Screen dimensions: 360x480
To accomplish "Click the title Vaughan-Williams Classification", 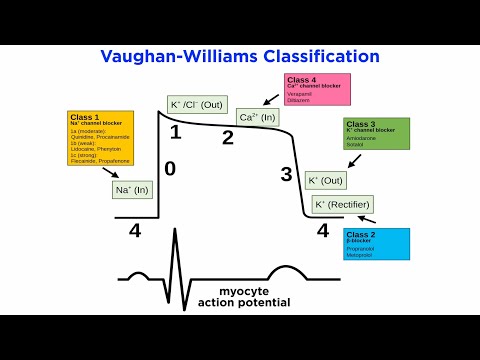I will pyautogui.click(x=240, y=56).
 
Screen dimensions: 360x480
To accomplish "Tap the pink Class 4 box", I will pyautogui.click(x=319, y=90).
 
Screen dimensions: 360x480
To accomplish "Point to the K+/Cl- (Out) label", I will pyautogui.click(x=197, y=104).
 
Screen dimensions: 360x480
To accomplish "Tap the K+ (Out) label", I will pyautogui.click(x=326, y=180).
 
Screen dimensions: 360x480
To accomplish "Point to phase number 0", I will pyautogui.click(x=169, y=168).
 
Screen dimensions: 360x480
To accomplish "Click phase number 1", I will pyautogui.click(x=175, y=131).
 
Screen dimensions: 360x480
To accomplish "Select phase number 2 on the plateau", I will pyautogui.click(x=227, y=137).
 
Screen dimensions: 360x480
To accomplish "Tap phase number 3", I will pyautogui.click(x=286, y=175).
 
